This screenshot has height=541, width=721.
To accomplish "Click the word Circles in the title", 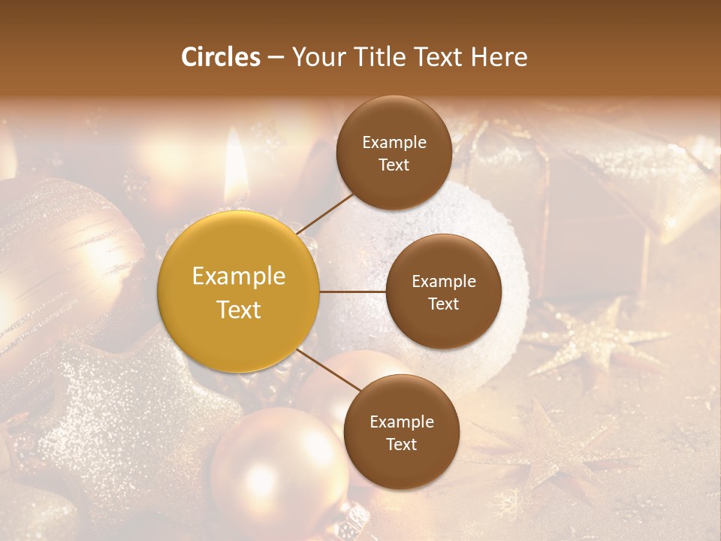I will pyautogui.click(x=220, y=57).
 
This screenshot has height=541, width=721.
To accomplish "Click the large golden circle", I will pyautogui.click(x=239, y=292).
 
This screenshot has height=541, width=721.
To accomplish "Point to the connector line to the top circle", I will pyautogui.click(x=325, y=212).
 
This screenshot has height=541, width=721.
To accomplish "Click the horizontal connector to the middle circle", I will pyautogui.click(x=353, y=292).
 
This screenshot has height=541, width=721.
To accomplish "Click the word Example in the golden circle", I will pyautogui.click(x=239, y=277).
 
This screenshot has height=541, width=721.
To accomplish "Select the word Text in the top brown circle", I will pyautogui.click(x=394, y=165).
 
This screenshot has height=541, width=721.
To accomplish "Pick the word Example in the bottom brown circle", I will pyautogui.click(x=401, y=422).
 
